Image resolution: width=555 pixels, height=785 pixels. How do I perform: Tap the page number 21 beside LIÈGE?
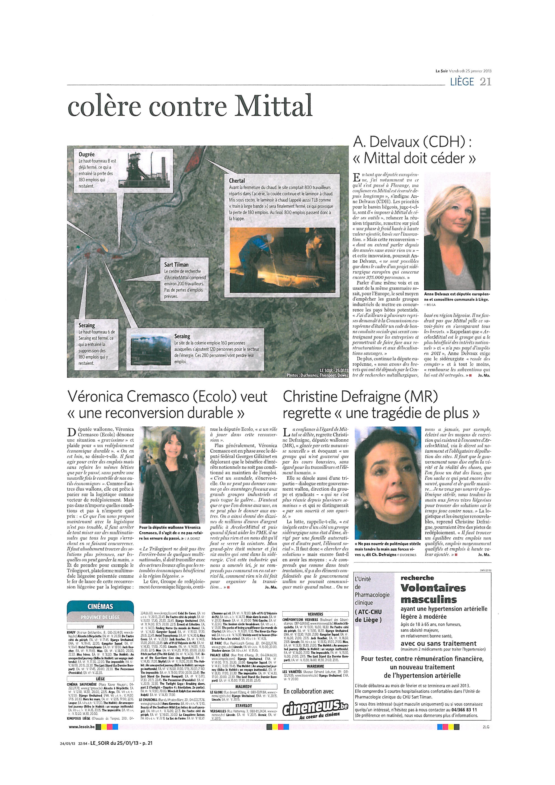tap(485, 82)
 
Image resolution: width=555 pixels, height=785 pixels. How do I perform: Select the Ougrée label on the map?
tap(86, 154)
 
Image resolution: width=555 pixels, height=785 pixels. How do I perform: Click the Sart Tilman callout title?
tap(176, 265)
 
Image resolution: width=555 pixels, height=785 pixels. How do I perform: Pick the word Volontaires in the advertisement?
tap(433, 588)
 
